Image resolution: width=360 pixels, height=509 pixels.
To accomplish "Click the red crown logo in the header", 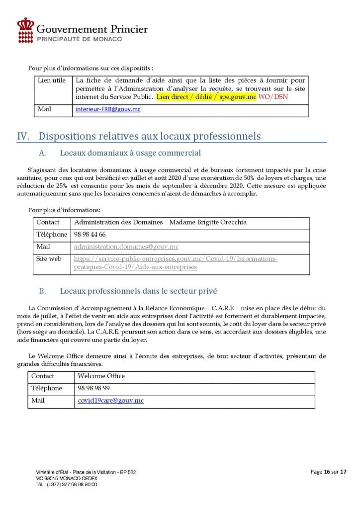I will coord(25,30).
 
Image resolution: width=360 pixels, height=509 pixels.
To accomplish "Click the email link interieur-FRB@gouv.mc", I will coord(108,108).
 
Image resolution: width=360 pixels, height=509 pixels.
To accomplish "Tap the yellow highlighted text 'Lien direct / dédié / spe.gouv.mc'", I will coord(206,96).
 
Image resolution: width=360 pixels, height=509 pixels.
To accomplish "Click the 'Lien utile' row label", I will coord(52,81).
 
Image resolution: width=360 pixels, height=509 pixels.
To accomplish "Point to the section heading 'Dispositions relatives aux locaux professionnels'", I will coord(149,136).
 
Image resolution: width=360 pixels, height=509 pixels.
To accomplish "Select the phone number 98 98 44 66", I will coord(90,234).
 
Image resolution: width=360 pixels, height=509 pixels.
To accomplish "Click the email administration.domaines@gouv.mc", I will coord(126,247).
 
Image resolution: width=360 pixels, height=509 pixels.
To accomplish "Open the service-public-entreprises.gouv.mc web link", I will coord(175,263).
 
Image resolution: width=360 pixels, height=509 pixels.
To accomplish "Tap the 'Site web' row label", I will coord(49,259).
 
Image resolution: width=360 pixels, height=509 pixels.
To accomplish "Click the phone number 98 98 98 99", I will coord(94,388).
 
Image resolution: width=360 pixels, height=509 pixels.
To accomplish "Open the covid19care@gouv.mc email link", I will coord(110,400).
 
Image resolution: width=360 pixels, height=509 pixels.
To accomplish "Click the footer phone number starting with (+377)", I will coord(66,484).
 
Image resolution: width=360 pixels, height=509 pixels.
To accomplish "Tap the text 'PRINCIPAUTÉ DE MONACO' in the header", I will coord(79,39).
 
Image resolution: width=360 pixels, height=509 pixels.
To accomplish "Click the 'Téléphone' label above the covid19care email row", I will coord(47,388).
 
